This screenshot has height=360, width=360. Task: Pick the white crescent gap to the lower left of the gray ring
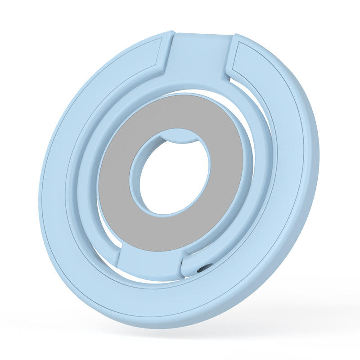[101, 234]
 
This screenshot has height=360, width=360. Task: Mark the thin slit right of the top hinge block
[231, 67]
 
